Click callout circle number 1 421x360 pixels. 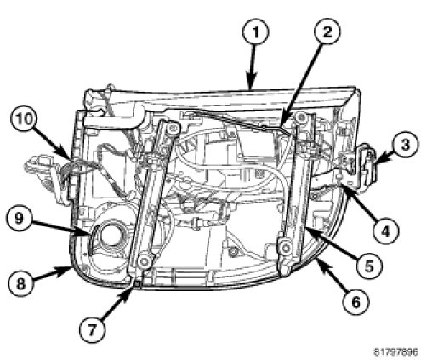[255, 32]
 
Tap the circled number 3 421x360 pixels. [405, 145]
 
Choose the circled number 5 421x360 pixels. [369, 266]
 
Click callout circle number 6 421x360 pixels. [356, 301]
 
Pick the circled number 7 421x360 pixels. [92, 330]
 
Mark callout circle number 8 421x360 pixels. [20, 283]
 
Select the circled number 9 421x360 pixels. [20, 219]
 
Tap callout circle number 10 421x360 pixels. [24, 119]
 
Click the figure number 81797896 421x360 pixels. [395, 352]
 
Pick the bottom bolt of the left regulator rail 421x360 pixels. [144, 262]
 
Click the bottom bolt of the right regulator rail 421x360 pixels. [285, 247]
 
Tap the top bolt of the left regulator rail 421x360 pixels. [171, 129]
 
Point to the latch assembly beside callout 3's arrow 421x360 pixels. [359, 164]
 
